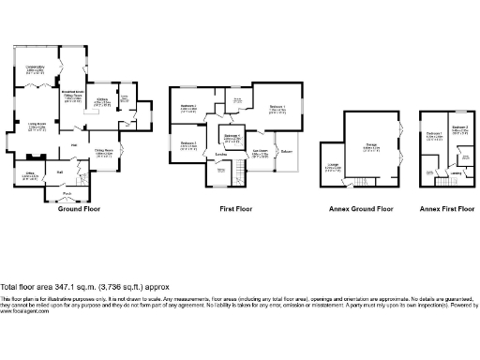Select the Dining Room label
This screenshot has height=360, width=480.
pyautogui.click(x=103, y=150)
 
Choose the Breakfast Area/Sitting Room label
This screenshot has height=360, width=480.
pyautogui.click(x=73, y=94)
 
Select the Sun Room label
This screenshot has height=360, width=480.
pyautogui.click(x=260, y=153)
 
